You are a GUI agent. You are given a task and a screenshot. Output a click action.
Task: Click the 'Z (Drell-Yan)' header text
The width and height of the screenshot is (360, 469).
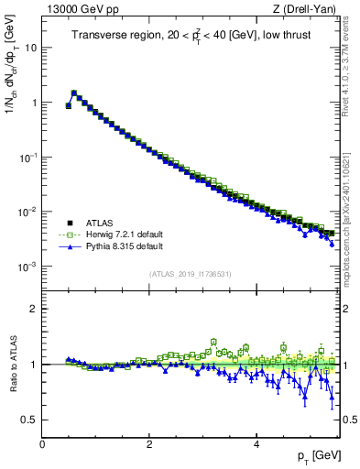308,9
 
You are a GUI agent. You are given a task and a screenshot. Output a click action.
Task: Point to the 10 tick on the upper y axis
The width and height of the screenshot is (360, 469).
33,48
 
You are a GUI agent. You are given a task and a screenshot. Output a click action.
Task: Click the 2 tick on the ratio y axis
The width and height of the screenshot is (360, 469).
33,309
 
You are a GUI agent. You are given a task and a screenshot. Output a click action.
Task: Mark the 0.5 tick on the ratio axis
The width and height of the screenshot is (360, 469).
31,420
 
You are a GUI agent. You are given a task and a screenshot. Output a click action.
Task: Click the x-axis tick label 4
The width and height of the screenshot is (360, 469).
256,444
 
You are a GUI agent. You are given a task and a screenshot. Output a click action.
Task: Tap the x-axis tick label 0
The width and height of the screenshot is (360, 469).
43,444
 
